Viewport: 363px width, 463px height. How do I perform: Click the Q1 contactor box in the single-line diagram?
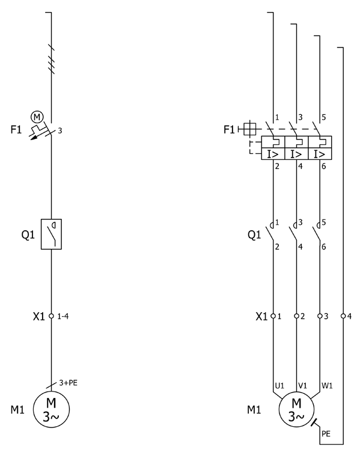click(x=52, y=234)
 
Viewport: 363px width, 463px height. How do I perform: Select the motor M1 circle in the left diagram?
click(x=52, y=409)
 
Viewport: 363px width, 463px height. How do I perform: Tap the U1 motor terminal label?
click(x=279, y=385)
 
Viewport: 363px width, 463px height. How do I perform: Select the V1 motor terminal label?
click(x=303, y=385)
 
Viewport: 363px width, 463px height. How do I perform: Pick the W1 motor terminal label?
click(x=328, y=385)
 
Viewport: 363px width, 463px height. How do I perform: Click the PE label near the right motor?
click(x=326, y=433)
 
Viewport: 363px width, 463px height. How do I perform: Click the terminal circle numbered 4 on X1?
click(x=343, y=316)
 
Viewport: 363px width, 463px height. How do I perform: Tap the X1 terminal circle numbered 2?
click(x=297, y=316)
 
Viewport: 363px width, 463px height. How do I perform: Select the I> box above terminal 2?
click(x=273, y=154)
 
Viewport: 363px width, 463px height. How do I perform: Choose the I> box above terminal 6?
click(x=320, y=154)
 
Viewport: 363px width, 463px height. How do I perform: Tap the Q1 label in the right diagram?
click(x=254, y=235)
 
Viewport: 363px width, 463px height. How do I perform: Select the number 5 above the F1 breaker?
click(x=325, y=117)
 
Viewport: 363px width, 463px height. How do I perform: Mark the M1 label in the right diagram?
click(x=255, y=411)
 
